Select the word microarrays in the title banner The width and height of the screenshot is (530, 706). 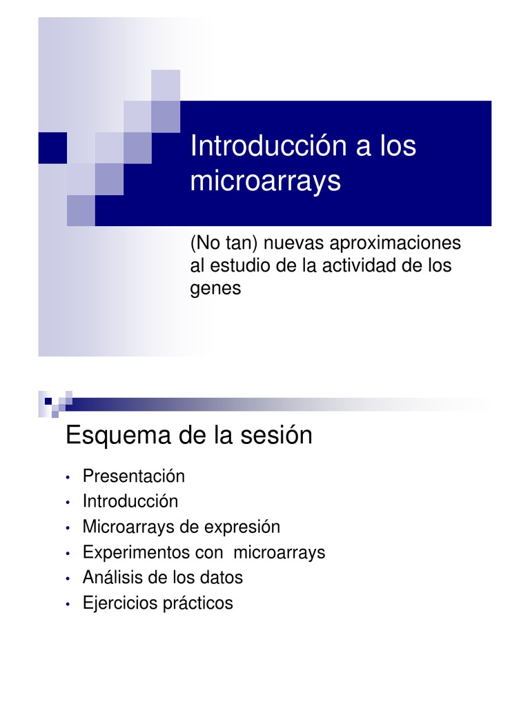pos(265,182)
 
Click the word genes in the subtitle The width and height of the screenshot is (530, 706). pos(215,288)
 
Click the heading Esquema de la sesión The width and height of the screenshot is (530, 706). pos(188,436)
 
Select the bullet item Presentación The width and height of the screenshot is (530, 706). pos(134,476)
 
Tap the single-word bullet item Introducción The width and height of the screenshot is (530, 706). pos(130,501)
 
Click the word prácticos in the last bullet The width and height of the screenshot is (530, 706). pos(198,604)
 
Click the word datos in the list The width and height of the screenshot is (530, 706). pos(222,578)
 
